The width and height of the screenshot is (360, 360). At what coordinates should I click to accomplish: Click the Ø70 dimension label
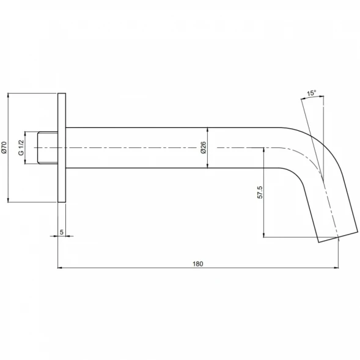[x=4, y=147]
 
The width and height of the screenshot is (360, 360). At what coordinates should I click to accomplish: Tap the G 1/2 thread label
[x=21, y=148]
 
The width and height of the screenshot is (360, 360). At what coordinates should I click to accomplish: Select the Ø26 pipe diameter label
[x=204, y=148]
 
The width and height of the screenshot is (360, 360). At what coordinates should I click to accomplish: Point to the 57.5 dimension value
[x=260, y=193]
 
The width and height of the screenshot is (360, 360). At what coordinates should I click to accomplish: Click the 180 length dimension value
[x=197, y=264]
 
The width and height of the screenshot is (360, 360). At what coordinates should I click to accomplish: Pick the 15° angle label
[x=312, y=93]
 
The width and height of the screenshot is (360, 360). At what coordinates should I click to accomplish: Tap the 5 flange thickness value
[x=62, y=232]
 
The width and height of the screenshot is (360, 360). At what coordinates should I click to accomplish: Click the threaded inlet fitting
[x=48, y=148]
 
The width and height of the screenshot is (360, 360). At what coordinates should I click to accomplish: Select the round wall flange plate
[x=62, y=148]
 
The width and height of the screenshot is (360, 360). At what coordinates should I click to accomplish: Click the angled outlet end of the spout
[x=338, y=237]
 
